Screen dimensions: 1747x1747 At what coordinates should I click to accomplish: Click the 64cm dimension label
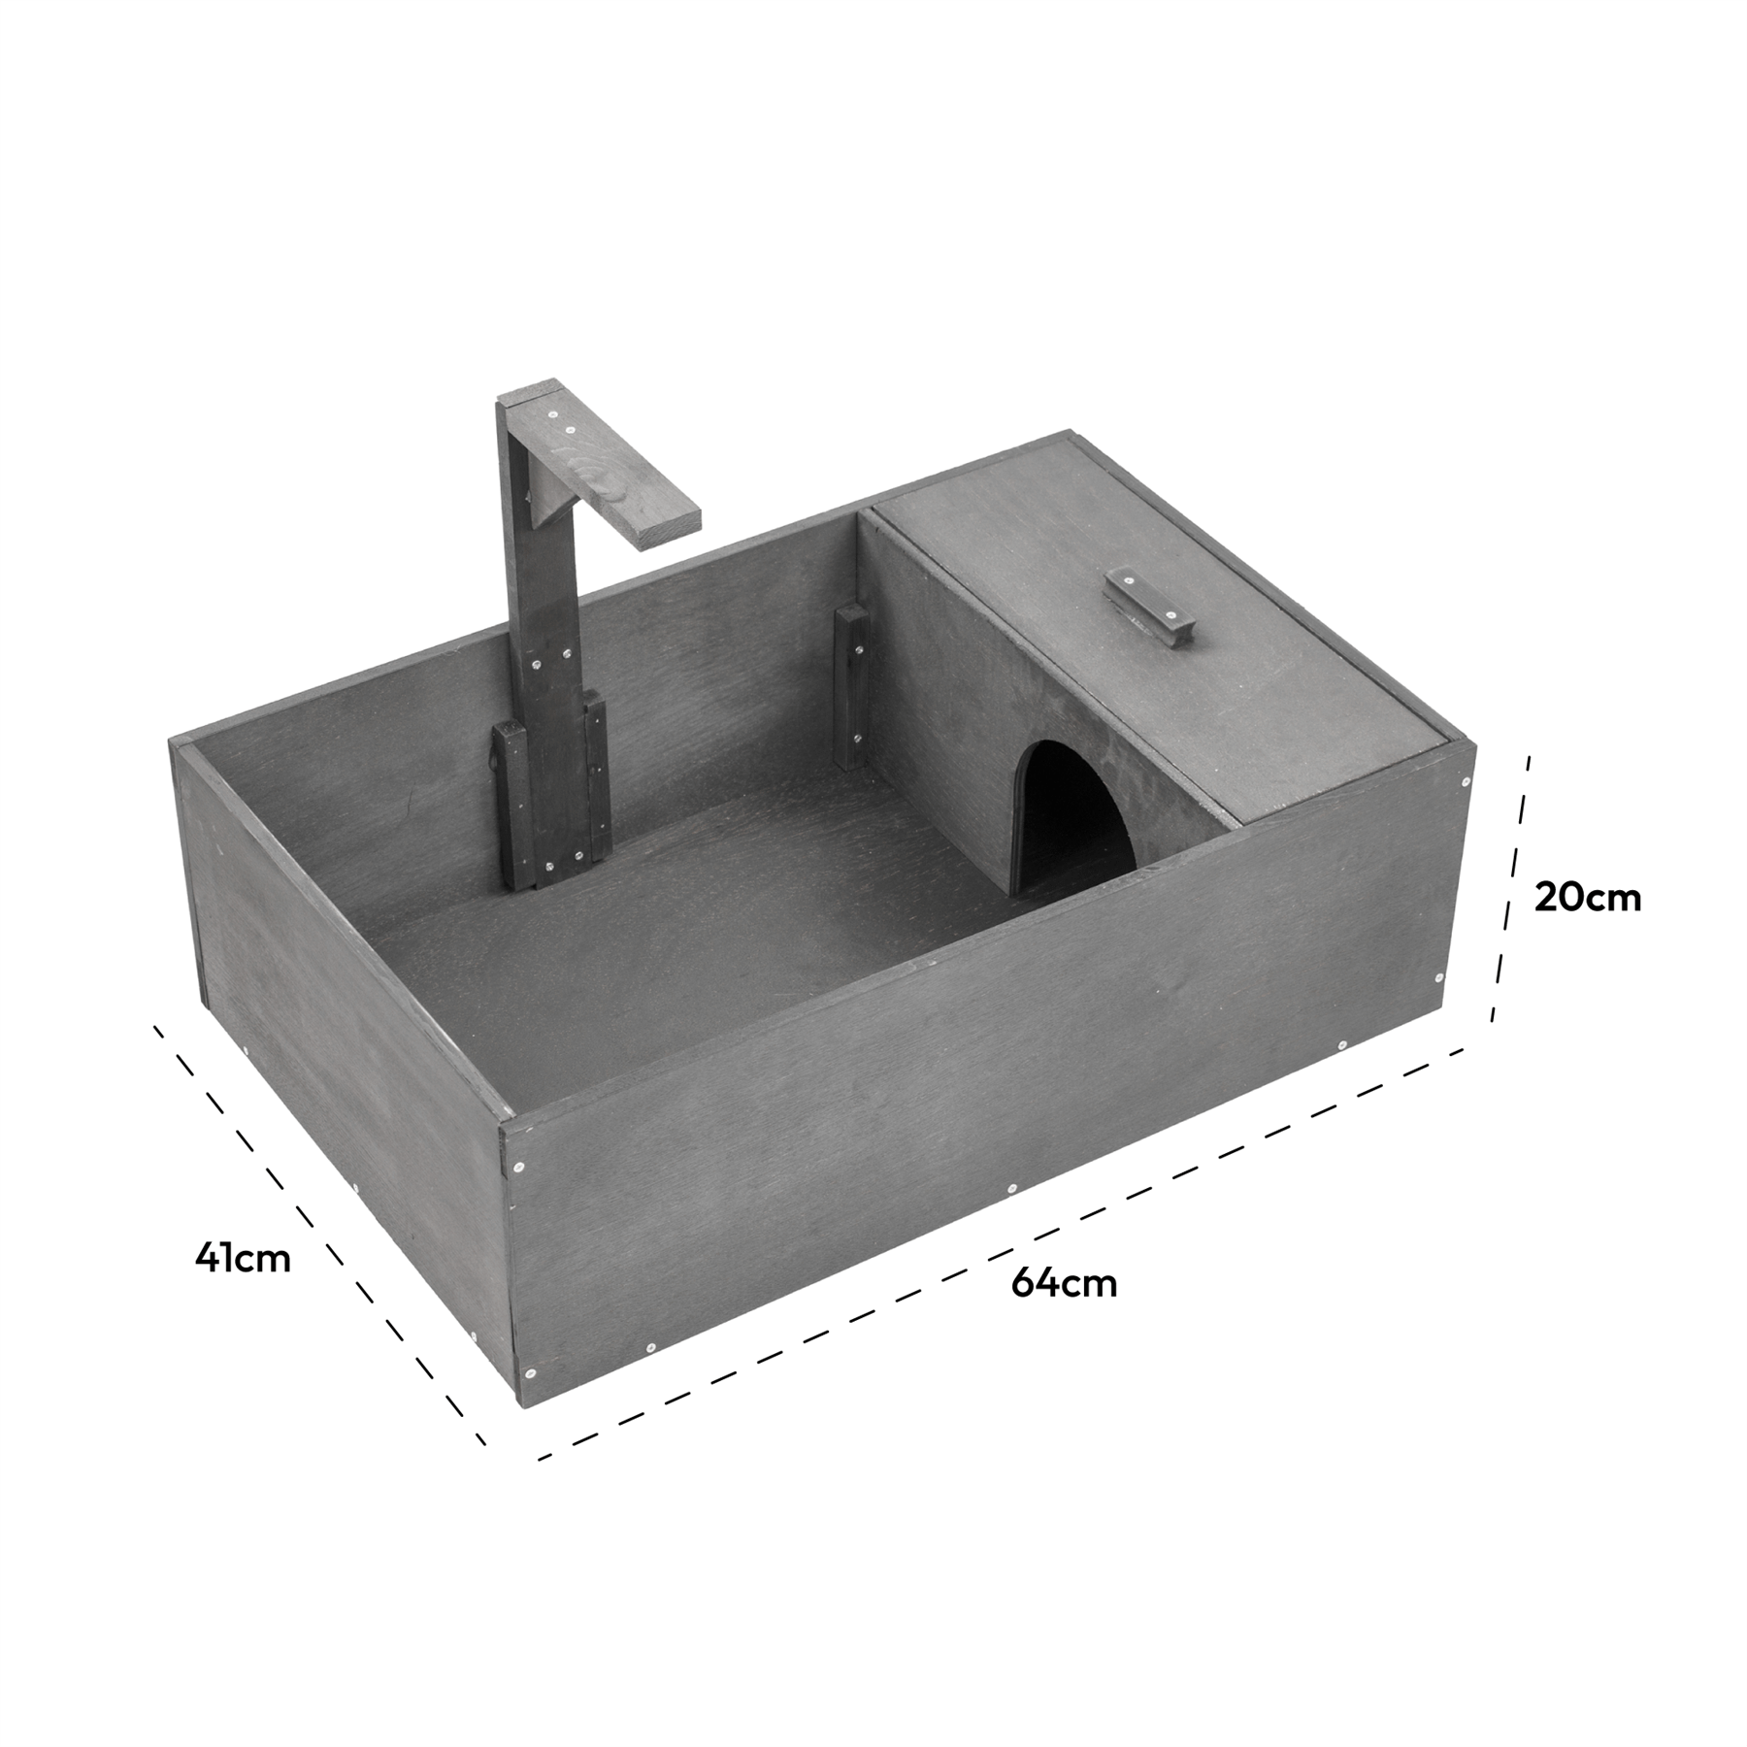click(1064, 1284)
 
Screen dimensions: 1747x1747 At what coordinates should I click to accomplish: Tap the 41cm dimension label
click(242, 1258)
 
